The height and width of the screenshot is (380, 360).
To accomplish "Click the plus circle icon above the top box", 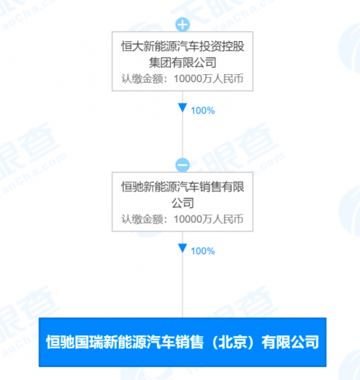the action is point(183,24).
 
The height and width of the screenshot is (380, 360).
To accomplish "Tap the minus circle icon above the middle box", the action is point(183,165).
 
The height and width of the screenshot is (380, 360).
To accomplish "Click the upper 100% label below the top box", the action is point(203,111).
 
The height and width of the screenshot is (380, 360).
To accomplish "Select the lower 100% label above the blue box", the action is point(203,251).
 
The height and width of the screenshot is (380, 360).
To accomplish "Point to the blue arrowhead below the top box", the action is point(183,108).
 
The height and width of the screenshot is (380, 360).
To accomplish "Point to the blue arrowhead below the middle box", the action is point(183,248).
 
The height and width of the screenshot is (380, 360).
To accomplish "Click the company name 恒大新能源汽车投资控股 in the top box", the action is point(183,46).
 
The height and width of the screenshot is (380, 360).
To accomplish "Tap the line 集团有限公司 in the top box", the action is point(183,63).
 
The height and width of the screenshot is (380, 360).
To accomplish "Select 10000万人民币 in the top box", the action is point(209,78).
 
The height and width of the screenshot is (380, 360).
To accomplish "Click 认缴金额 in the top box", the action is point(143,78).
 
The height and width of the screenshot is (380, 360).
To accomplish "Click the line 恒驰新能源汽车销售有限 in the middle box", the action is point(183,187).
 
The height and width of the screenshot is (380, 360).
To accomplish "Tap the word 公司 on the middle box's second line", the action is point(183,203).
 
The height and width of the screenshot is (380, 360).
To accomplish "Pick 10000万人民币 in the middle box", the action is point(209,219).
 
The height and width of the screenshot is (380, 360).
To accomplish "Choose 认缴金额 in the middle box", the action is point(143,219).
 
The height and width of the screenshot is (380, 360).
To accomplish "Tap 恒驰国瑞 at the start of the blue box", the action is point(74,342).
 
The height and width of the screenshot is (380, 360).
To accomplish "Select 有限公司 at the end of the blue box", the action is point(290,342).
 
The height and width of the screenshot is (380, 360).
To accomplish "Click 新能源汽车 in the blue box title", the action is point(139,342).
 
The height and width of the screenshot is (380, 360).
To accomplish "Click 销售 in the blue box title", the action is point(189,342).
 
